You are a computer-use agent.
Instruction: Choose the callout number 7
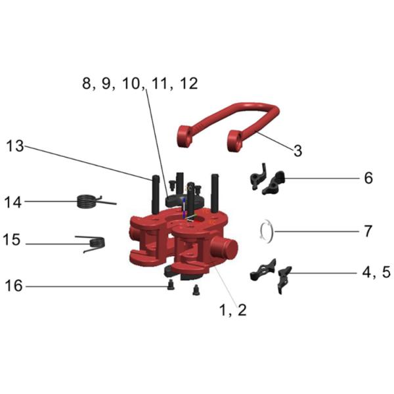pyautogui.click(x=367, y=231)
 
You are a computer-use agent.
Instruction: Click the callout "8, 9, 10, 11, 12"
pyautogui.click(x=139, y=84)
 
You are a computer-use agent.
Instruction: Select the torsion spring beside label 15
pyautogui.click(x=93, y=244)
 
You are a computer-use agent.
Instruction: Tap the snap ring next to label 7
pyautogui.click(x=267, y=230)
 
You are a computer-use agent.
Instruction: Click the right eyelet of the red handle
pyautogui.click(x=235, y=140)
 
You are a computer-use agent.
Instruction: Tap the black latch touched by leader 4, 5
pyautogui.click(x=284, y=276)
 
